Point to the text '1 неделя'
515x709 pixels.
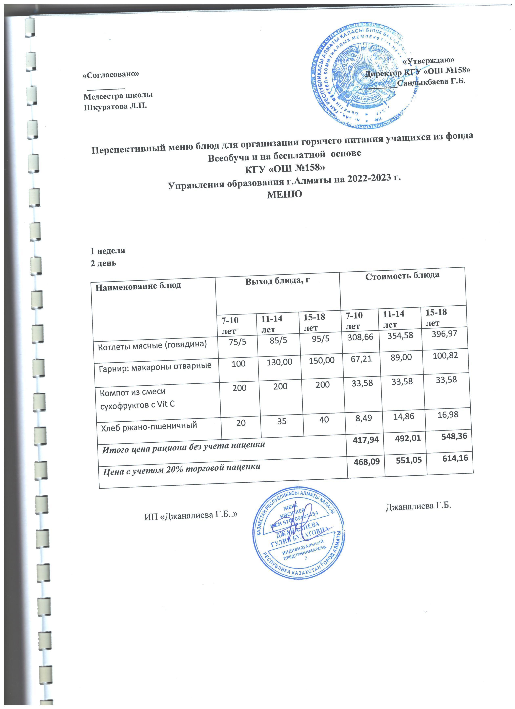(x=108, y=250)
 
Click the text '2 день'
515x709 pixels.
(x=103, y=263)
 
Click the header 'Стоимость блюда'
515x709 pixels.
(x=402, y=275)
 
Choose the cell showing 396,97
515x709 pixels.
(x=444, y=334)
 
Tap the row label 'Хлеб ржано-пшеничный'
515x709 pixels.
(x=149, y=426)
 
